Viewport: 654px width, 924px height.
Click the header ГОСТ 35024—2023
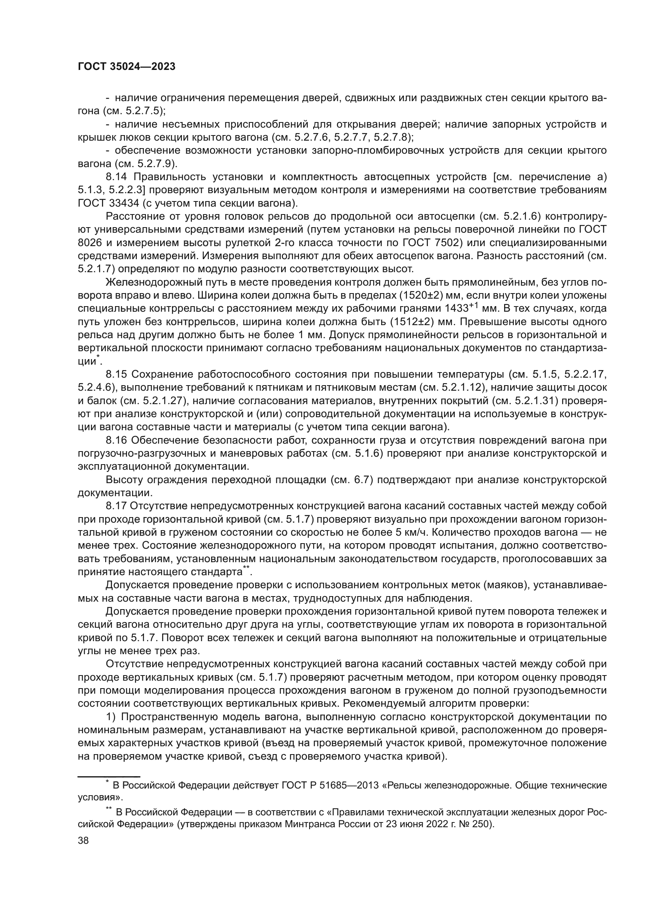(x=127, y=67)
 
